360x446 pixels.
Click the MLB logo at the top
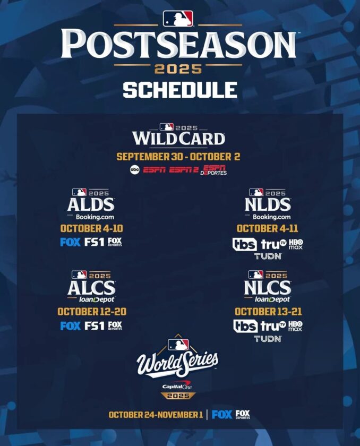pos(178,19)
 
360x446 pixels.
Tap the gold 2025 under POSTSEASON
pos(178,69)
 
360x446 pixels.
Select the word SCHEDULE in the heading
pos(179,89)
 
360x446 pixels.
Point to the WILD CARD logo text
pos(178,139)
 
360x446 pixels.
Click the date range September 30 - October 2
pos(178,157)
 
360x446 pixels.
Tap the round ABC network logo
pos(134,170)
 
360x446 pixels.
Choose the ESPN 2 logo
pos(185,170)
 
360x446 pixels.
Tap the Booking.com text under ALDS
pos(91,217)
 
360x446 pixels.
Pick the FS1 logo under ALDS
pos(94,242)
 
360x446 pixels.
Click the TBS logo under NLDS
pos(245,244)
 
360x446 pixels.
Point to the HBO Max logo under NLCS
pos(295,326)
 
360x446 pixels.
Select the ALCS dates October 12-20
pos(91,312)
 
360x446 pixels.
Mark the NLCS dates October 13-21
pos(268,312)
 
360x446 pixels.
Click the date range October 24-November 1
pos(156,415)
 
